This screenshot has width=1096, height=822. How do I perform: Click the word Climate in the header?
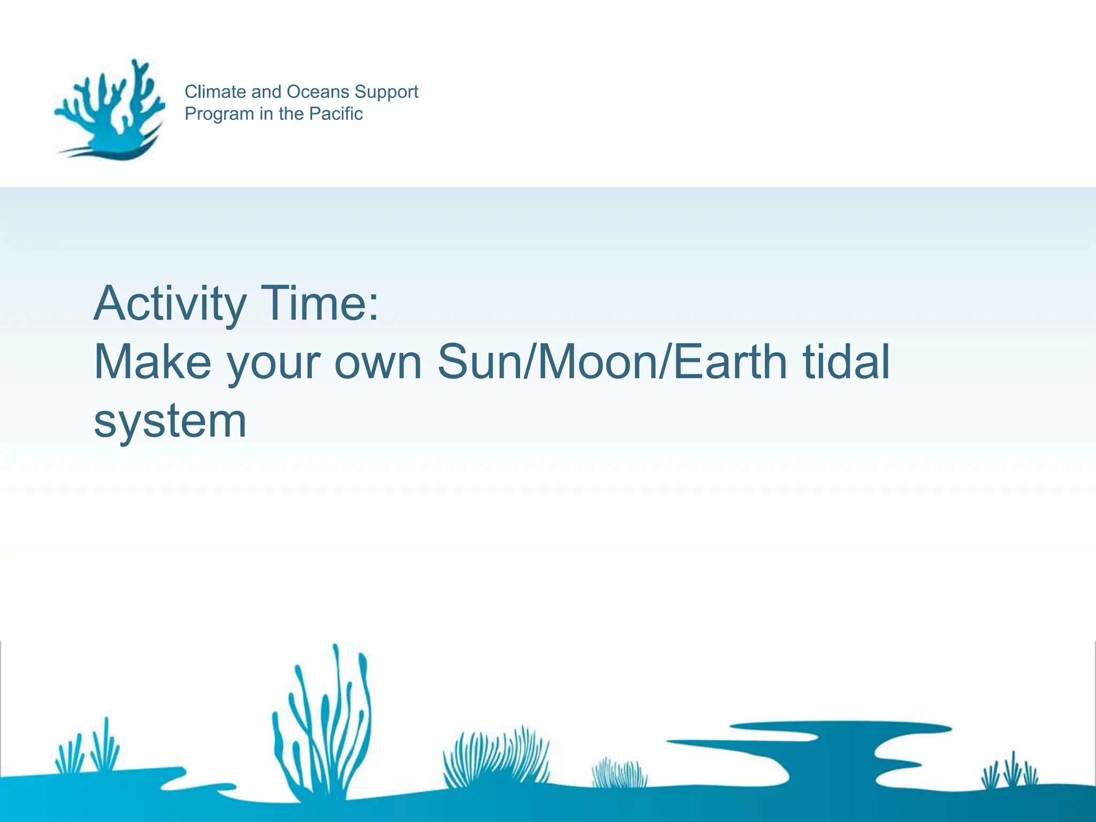coord(216,92)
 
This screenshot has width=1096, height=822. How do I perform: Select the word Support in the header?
coord(386,93)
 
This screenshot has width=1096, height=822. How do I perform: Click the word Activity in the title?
coord(170,304)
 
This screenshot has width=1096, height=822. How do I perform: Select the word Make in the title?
coord(153,362)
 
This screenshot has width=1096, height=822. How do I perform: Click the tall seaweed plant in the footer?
coord(326,722)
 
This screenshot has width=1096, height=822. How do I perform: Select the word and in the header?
coord(267,92)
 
